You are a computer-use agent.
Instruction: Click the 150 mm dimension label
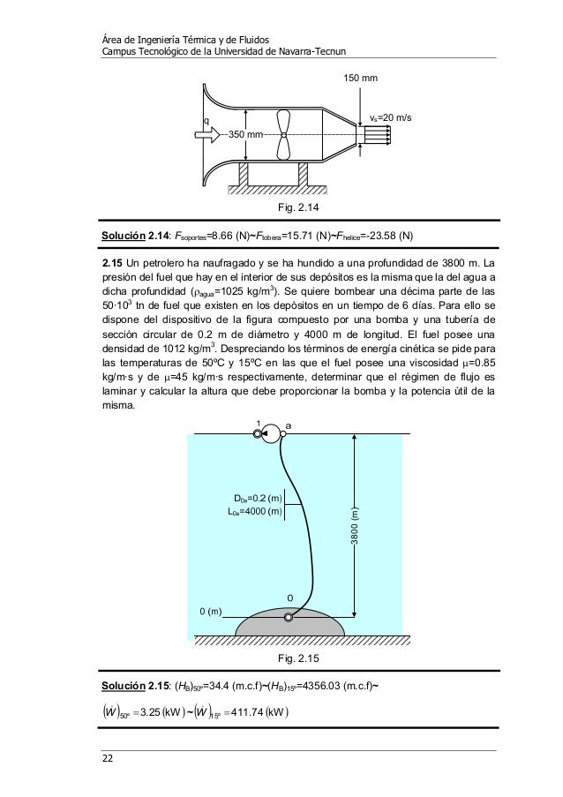[359, 79]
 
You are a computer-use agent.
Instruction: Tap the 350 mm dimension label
[246, 134]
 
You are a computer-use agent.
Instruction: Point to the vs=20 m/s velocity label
[392, 117]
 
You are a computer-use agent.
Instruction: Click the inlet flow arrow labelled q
[206, 134]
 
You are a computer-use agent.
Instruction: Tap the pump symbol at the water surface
[269, 432]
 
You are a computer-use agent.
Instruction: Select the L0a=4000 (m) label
[253, 510]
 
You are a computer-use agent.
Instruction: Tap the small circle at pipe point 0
[289, 616]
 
